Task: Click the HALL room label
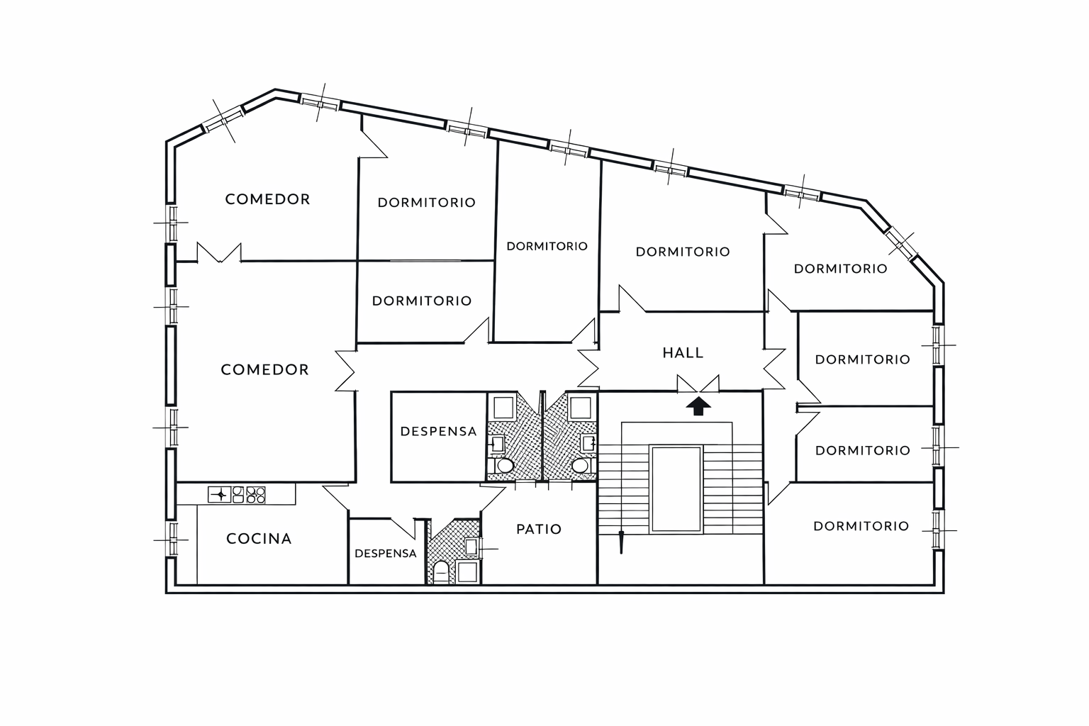tap(683, 352)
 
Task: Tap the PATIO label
tap(539, 529)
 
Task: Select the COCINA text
tap(259, 538)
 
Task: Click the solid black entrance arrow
tap(698, 406)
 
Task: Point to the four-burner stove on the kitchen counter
tap(249, 495)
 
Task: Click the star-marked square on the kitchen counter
tap(219, 495)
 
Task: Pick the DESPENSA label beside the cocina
tap(386, 554)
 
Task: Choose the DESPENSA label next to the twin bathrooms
tap(439, 431)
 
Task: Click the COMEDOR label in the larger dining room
tap(265, 369)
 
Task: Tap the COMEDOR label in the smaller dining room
tap(268, 199)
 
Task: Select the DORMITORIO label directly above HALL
tap(683, 252)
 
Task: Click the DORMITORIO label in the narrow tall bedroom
tap(547, 246)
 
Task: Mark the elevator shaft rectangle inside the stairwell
tap(676, 489)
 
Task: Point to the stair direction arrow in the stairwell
tap(621, 542)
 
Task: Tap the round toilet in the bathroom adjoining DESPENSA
tap(505, 466)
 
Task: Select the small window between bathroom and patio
tap(481, 549)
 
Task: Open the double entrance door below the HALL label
tap(698, 384)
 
